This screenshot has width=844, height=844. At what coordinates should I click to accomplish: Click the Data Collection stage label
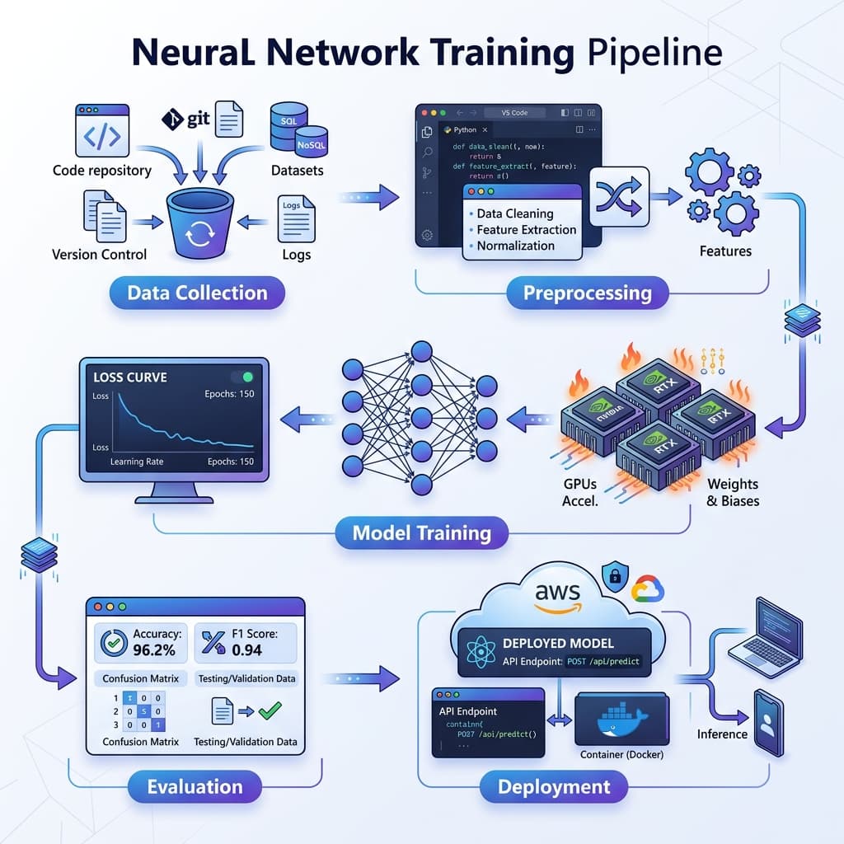197,293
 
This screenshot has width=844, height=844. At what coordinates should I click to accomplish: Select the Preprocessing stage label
587,293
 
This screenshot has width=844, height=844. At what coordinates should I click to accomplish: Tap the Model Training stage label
421,532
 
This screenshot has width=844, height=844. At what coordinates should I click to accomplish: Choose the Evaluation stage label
195,786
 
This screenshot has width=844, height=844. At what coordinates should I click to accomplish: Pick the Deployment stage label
554,786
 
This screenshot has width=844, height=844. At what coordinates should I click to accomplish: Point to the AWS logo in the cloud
557,595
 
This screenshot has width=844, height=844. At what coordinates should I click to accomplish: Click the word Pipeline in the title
654,53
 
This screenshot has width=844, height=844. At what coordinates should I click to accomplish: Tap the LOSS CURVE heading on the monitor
129,377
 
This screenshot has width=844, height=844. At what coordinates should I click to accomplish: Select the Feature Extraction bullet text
526,230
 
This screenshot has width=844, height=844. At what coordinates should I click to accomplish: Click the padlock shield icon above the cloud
612,575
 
